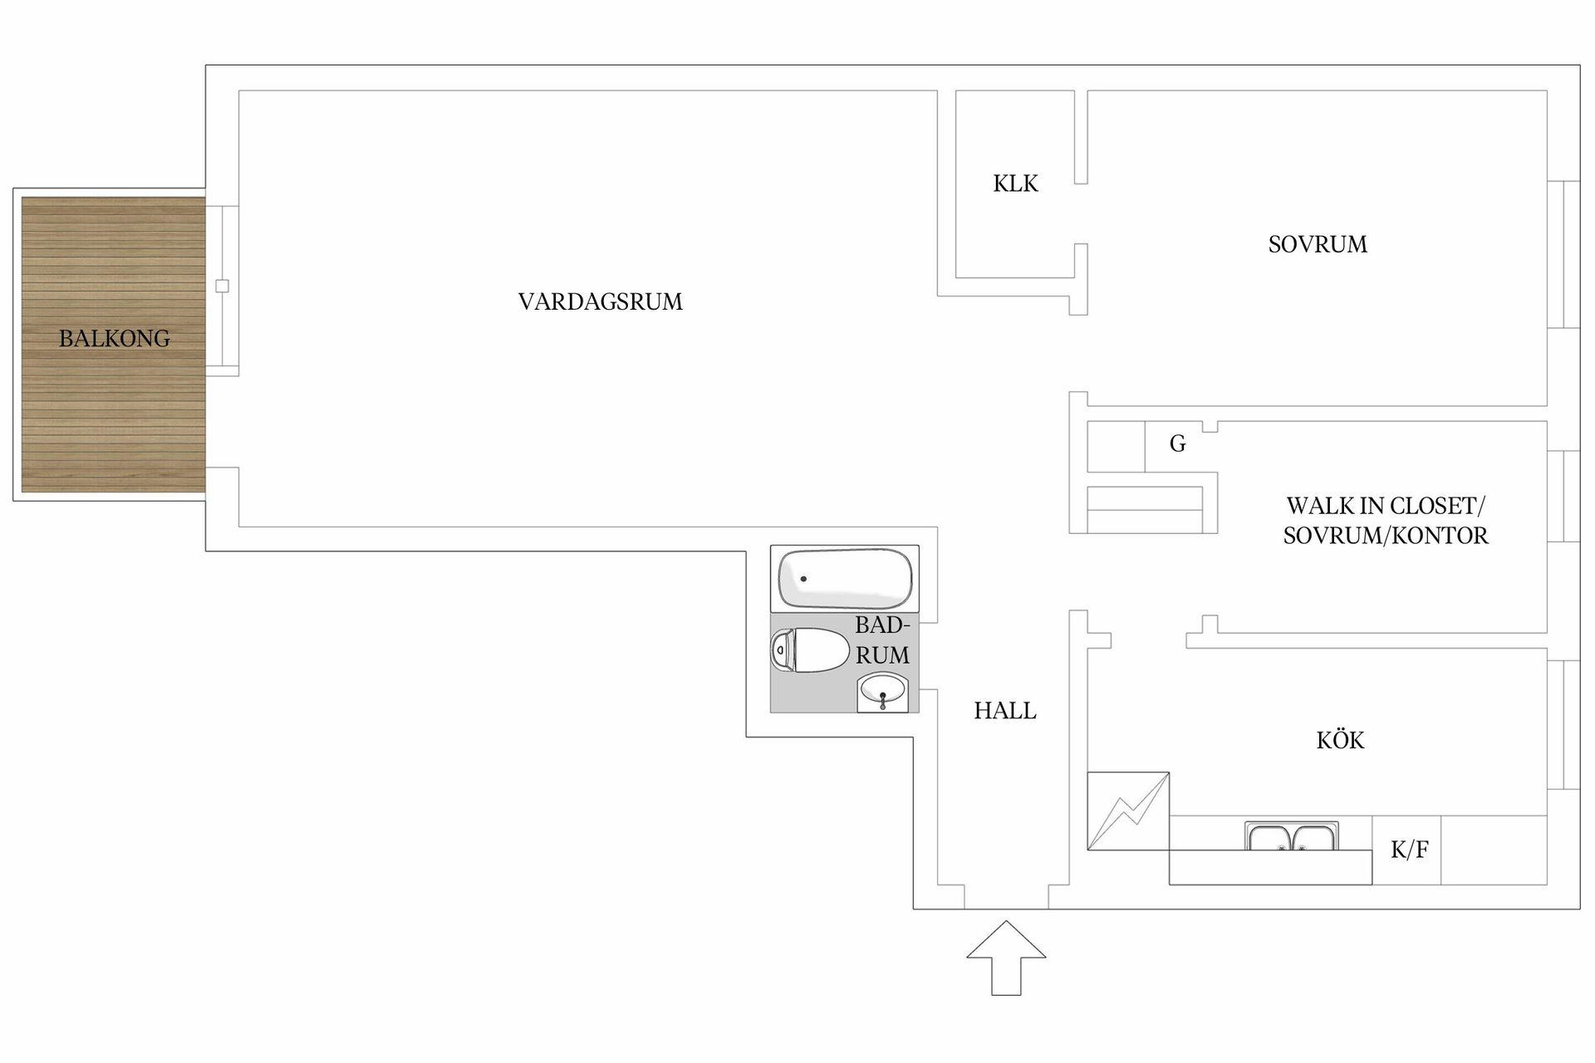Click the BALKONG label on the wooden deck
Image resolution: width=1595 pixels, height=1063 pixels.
115,338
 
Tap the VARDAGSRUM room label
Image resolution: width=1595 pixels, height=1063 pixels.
601,301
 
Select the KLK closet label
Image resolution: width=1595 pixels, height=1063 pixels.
1015,184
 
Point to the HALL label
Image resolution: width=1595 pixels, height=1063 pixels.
1005,711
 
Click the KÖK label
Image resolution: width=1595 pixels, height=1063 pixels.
1340,739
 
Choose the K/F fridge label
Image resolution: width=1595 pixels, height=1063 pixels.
1410,850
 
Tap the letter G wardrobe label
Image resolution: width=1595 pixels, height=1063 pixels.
1178,443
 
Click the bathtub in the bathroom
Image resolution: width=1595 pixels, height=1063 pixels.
845,579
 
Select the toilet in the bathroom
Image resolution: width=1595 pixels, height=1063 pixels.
810,650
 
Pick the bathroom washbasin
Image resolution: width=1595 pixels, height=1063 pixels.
883,692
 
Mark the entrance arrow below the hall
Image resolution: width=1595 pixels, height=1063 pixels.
1006,958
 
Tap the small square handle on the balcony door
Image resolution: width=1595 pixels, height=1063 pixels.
222,287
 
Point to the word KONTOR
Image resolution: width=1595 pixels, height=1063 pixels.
1440,536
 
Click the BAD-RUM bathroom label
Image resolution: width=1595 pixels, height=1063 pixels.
883,640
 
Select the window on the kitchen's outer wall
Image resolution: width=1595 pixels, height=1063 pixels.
1563,725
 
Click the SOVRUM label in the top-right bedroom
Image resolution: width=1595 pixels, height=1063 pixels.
1318,244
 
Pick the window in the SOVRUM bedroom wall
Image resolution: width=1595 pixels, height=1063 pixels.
1563,254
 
